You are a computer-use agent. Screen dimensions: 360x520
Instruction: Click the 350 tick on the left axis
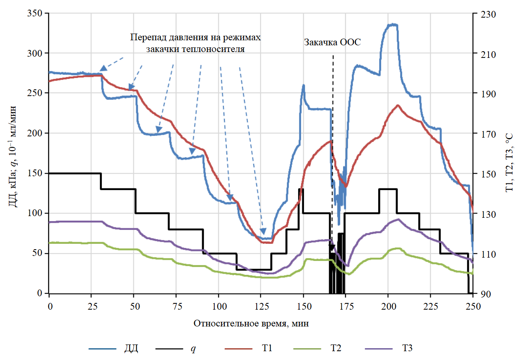click(38, 13)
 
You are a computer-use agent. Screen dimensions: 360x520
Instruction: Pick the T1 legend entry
click(267, 348)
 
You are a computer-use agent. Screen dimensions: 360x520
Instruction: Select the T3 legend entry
click(407, 348)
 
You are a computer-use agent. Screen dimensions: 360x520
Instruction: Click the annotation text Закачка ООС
click(333, 42)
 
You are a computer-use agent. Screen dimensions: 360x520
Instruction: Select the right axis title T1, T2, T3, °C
click(509, 154)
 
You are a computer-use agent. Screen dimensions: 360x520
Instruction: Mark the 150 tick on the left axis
click(38, 173)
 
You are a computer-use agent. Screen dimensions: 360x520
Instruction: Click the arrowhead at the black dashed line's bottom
click(332, 248)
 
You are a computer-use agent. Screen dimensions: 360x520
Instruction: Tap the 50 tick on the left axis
click(40, 253)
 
